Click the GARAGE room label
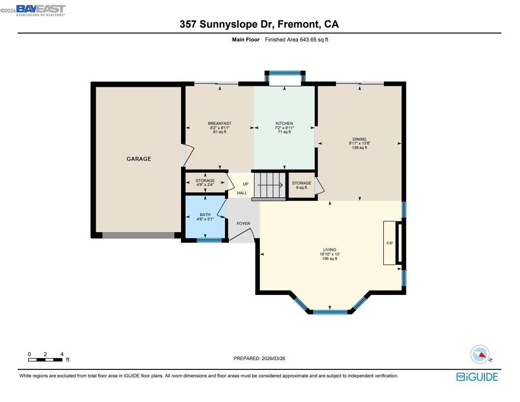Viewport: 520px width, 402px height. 139,159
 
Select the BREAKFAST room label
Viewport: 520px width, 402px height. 220,124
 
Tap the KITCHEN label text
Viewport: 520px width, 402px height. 284,124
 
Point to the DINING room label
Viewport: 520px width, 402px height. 359,140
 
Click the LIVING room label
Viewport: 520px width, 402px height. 330,250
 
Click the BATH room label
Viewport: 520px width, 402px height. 205,215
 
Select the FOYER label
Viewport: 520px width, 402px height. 243,223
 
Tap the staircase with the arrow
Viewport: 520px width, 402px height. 269,185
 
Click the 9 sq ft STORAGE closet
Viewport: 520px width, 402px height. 301,185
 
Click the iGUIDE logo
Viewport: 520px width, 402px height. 477,377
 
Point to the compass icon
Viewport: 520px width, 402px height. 480,354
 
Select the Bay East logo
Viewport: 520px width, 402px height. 40,10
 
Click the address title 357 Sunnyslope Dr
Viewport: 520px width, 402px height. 259,24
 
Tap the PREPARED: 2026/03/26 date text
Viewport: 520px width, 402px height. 259,359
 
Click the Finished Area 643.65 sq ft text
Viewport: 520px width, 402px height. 296,39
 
